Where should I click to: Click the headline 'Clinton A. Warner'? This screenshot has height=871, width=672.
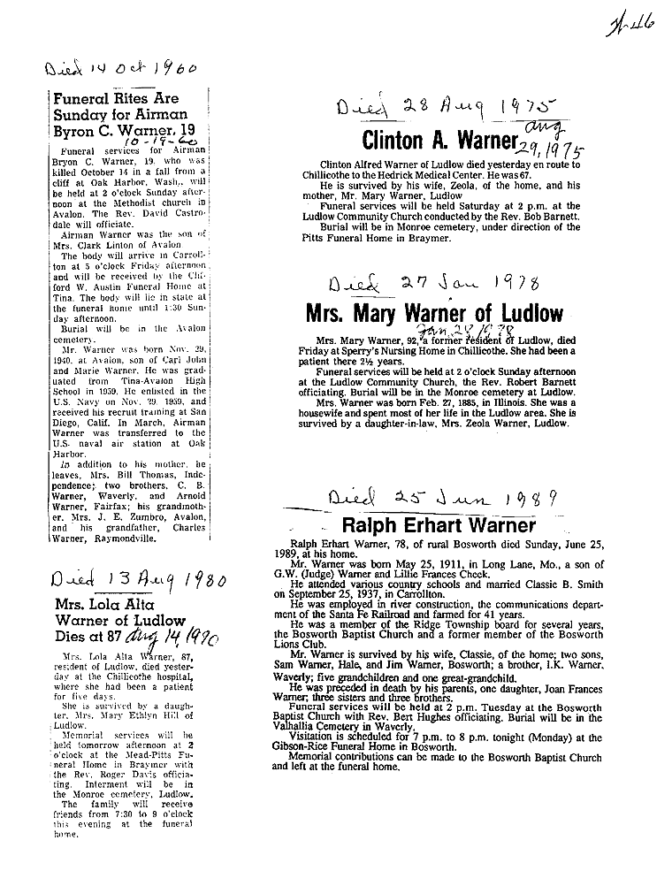(x=439, y=141)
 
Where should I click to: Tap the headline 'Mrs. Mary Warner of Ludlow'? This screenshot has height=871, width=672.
(x=434, y=313)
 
